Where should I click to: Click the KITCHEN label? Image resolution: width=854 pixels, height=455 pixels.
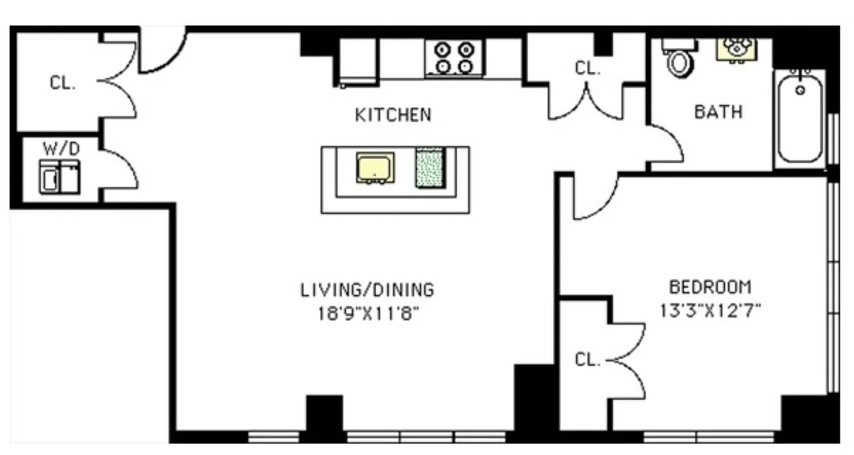tap(393, 115)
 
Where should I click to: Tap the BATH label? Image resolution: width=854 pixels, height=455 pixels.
tap(718, 111)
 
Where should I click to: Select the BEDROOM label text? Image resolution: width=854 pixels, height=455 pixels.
tap(710, 287)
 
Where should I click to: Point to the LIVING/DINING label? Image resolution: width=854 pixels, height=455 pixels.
tap(367, 290)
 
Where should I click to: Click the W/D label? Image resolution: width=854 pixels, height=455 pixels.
tap(61, 149)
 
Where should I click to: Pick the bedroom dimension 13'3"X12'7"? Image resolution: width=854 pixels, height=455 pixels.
tap(711, 311)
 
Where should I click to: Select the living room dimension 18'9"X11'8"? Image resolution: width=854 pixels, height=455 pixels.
tap(368, 314)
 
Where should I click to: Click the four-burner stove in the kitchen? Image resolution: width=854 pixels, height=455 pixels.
tap(454, 58)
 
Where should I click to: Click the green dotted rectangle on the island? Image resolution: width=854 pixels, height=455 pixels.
tap(430, 167)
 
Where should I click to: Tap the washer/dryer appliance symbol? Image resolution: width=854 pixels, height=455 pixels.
tap(59, 176)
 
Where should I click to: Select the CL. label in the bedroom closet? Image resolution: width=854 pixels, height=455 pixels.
tap(587, 360)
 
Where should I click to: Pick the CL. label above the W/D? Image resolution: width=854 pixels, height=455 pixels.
tap(63, 83)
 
